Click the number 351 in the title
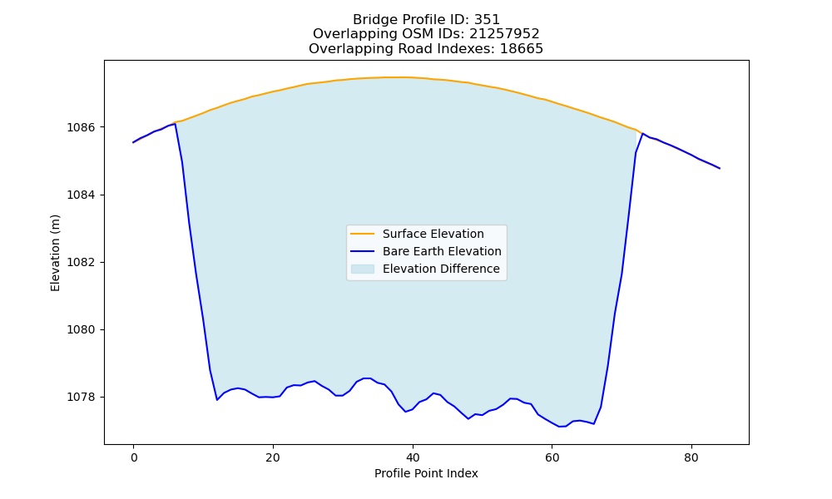(487, 20)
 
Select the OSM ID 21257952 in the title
(504, 34)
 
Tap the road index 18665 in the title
(522, 49)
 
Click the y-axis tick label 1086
(82, 127)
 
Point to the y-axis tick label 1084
(82, 195)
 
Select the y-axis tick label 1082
(82, 263)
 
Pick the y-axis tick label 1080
(82, 330)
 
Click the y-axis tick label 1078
(82, 398)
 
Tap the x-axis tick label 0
(134, 458)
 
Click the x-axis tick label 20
(273, 458)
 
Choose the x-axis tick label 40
(413, 458)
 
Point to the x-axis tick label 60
(552, 458)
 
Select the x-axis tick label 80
(691, 458)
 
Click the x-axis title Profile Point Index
(426, 473)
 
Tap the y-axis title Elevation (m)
(55, 253)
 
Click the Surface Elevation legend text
(433, 234)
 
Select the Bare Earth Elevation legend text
(442, 251)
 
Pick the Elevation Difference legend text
(441, 269)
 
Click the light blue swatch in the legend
(363, 269)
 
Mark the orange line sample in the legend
(363, 234)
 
